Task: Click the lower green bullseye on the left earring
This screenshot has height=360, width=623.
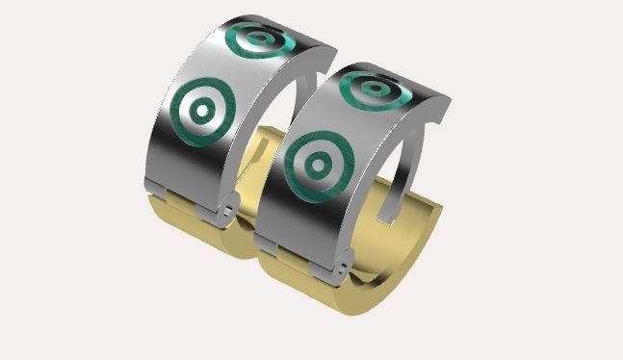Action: (x=201, y=111)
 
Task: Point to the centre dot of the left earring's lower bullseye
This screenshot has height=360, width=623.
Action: (x=201, y=111)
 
